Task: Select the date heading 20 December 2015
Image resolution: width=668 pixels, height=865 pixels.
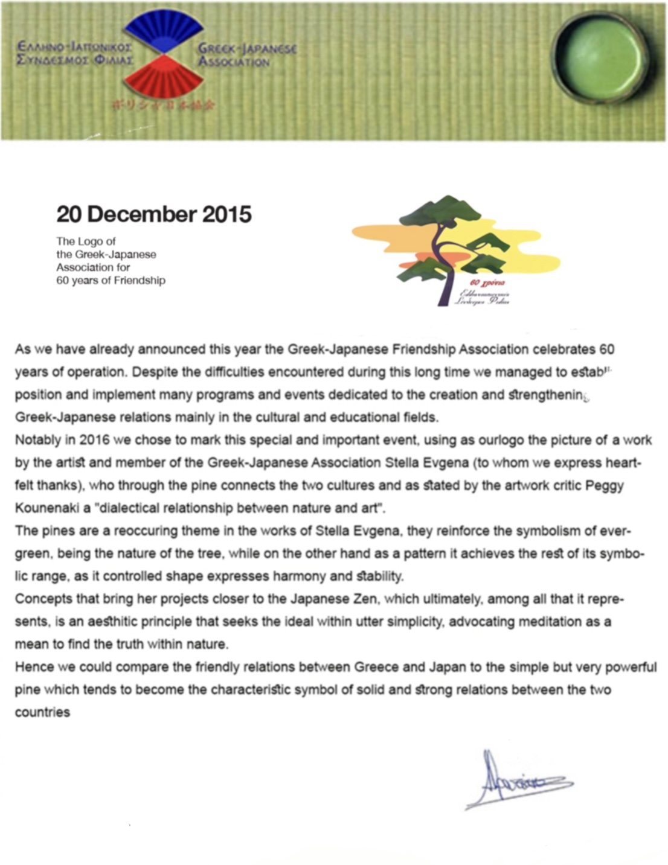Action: tap(154, 214)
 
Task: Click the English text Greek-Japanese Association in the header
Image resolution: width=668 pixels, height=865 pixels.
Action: tap(247, 55)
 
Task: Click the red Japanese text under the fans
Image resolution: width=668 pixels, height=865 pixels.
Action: tap(163, 105)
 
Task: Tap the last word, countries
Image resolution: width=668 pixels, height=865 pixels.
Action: tap(42, 712)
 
